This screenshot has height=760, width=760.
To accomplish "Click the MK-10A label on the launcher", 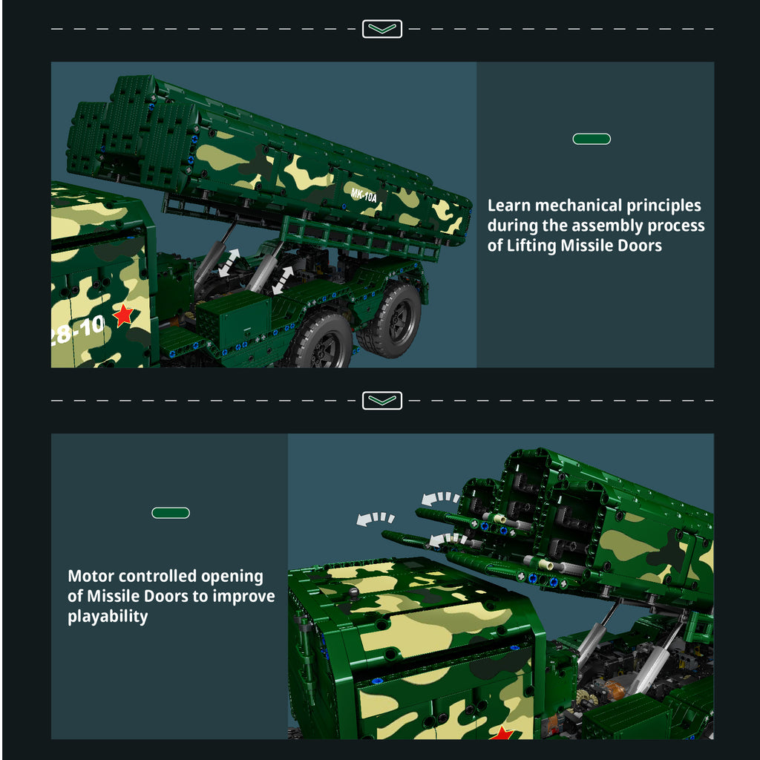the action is (x=364, y=195).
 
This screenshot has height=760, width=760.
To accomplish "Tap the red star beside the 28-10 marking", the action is (x=123, y=315).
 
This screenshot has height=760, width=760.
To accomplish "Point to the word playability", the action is (x=108, y=617).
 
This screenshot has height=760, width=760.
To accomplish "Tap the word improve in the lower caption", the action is (x=243, y=597).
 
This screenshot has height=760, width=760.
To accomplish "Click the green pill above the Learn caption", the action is (x=592, y=139).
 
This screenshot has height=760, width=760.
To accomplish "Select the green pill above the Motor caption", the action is (x=171, y=513).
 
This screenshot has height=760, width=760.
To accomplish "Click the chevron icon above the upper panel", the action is (x=382, y=29).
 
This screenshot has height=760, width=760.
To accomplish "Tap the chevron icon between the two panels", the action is (x=382, y=401).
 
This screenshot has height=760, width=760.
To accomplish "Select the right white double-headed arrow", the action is (x=283, y=280).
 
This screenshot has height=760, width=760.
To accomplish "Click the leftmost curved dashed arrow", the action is (x=376, y=519).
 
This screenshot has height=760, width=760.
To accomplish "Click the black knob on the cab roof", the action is (x=353, y=592).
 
